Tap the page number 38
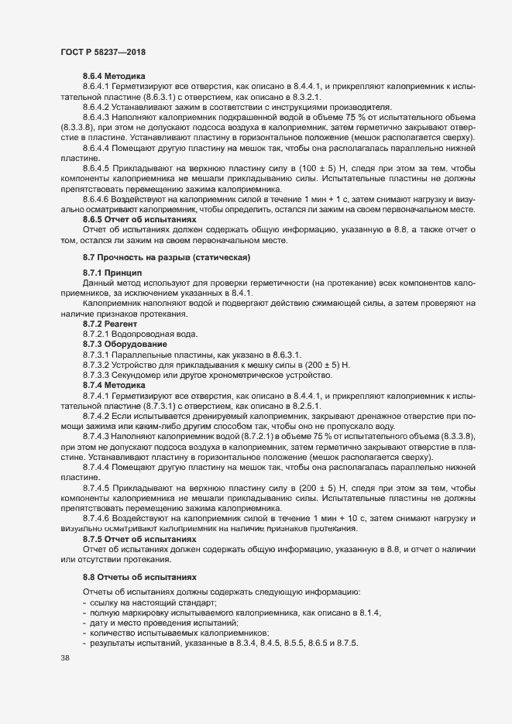coord(64,658)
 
